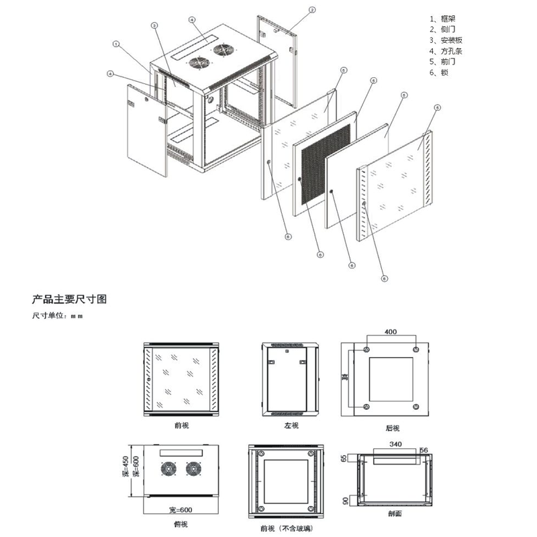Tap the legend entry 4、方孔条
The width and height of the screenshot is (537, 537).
click(444, 51)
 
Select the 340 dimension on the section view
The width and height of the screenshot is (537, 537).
click(395, 444)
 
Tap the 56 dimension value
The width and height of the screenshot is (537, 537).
click(423, 450)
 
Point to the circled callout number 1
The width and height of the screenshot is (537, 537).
click(116, 44)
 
